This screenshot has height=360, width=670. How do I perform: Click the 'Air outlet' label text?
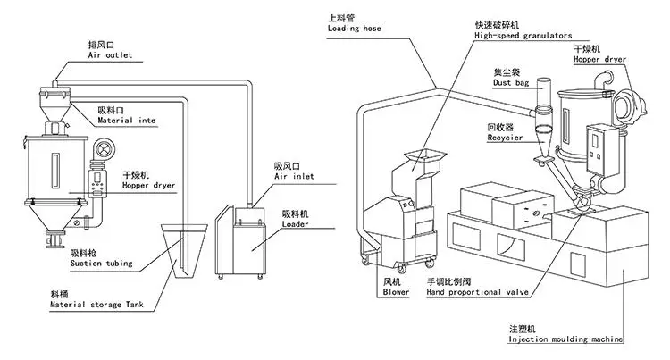point(110,55)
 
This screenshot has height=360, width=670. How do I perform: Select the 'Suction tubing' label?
point(101,264)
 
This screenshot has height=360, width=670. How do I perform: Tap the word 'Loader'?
point(295,226)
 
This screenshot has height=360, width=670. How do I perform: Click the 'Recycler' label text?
point(504,139)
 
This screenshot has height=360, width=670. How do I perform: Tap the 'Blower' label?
point(396,291)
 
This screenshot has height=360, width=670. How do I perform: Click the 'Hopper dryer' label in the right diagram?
point(601,59)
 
